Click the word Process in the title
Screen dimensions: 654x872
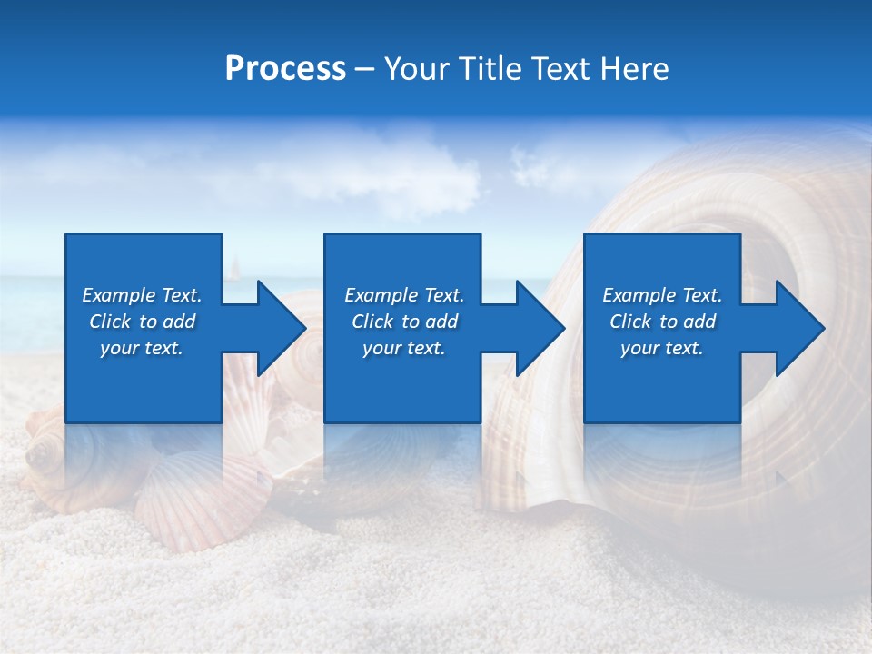point(285,69)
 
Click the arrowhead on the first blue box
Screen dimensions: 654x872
point(272,328)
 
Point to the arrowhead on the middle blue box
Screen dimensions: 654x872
point(532,328)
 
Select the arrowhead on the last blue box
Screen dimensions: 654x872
point(792,328)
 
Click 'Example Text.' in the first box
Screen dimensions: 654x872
point(142,295)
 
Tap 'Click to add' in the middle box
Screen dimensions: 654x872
point(404,322)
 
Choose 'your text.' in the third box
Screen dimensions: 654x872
point(662,348)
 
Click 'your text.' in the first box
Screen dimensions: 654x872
point(142,348)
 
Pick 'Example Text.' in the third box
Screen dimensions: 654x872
point(662,295)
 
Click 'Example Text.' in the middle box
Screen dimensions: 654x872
point(404,295)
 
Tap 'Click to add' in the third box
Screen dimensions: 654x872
point(662,322)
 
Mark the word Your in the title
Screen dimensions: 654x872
point(418,69)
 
